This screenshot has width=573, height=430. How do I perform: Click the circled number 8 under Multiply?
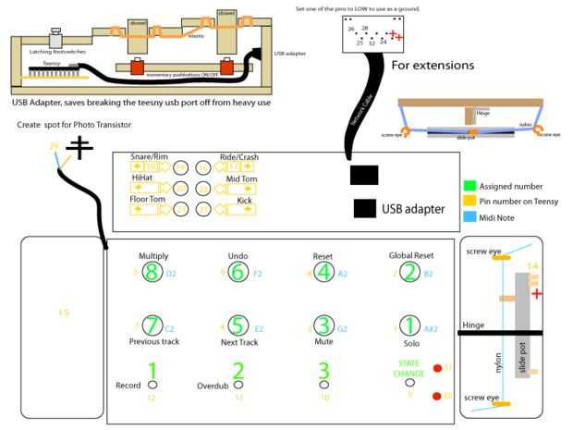152,272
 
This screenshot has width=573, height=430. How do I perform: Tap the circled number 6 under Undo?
238,272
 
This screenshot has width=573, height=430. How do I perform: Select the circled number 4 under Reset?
323,272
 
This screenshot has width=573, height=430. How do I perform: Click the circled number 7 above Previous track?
152,326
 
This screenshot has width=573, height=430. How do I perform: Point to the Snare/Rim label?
150,156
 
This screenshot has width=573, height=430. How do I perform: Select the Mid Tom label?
240,178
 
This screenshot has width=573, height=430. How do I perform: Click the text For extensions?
433,66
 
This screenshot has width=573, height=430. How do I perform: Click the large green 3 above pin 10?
323,371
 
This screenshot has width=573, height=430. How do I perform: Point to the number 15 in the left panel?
63,313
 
